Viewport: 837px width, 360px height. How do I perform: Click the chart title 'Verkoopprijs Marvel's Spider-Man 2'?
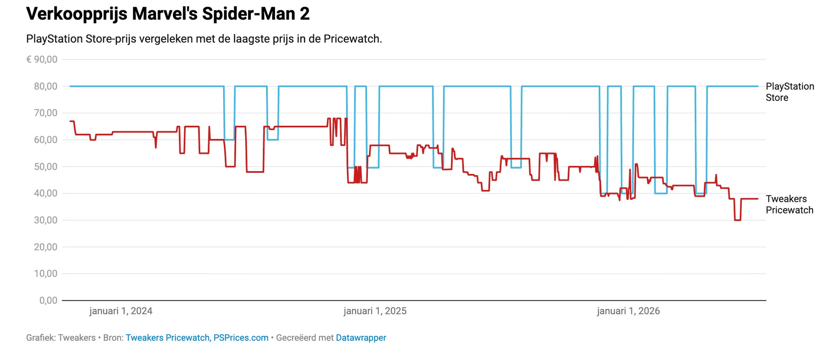click(x=168, y=14)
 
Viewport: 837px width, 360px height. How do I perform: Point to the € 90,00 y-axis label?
click(x=42, y=60)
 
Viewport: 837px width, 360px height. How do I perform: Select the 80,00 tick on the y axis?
click(x=46, y=86)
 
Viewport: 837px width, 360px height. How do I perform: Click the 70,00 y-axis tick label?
click(x=46, y=113)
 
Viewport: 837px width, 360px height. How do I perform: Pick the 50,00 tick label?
click(x=46, y=167)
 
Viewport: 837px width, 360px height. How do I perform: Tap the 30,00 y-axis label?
click(x=46, y=220)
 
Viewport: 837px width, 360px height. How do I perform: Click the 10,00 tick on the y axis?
click(x=46, y=274)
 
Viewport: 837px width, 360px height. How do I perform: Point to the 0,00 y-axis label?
click(x=48, y=301)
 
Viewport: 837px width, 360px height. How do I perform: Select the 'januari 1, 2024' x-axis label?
click(x=121, y=311)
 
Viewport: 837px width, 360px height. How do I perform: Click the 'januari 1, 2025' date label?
click(x=375, y=311)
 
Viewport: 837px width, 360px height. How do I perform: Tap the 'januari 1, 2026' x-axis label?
click(x=629, y=311)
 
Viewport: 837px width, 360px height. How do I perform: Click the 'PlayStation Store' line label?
click(x=790, y=92)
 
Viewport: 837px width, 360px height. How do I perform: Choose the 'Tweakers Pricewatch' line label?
click(x=790, y=204)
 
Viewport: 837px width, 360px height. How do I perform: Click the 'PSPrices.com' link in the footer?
click(x=241, y=338)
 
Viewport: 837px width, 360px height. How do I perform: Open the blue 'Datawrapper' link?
click(x=361, y=338)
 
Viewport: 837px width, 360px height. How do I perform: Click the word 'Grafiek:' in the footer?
click(x=40, y=338)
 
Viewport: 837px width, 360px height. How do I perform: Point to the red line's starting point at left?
click(x=70, y=121)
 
